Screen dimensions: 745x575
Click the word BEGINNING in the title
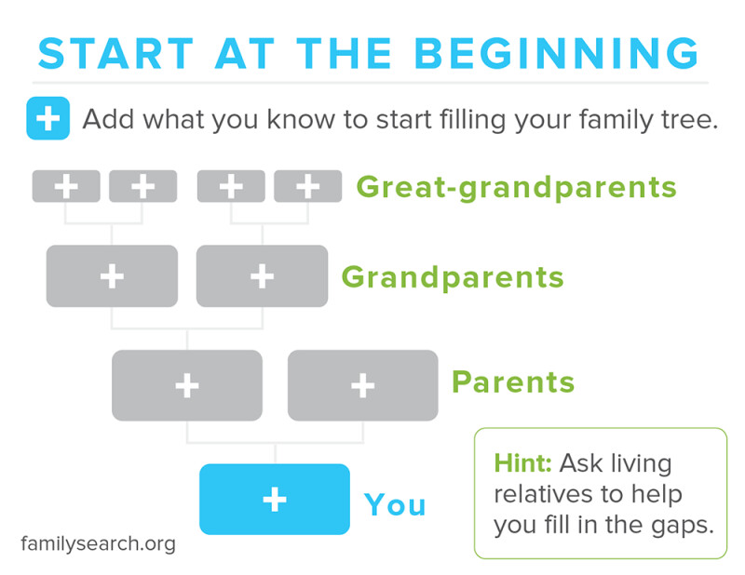click(x=556, y=53)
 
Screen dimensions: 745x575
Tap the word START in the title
click(x=115, y=53)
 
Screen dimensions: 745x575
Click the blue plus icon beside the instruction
click(x=48, y=118)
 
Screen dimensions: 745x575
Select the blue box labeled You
click(x=275, y=499)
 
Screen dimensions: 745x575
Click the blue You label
click(x=395, y=504)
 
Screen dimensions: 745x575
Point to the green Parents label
click(x=513, y=381)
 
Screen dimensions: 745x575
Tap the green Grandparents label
click(x=453, y=278)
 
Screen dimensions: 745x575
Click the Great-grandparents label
click(x=517, y=188)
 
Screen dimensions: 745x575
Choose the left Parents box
click(x=187, y=385)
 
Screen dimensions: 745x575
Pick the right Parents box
click(x=363, y=385)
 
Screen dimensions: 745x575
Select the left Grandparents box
click(x=112, y=275)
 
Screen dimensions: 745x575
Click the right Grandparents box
click(x=263, y=275)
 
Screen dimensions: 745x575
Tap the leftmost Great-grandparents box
click(x=66, y=186)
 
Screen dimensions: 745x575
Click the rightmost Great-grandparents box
click(x=308, y=186)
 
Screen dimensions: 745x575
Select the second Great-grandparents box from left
click(x=143, y=186)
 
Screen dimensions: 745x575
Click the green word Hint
click(x=522, y=463)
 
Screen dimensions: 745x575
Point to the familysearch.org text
click(x=99, y=544)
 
